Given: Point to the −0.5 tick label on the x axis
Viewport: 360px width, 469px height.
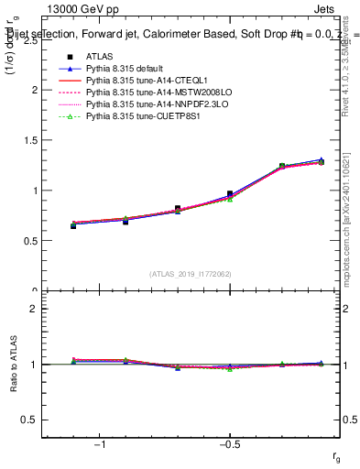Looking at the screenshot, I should (229, 445).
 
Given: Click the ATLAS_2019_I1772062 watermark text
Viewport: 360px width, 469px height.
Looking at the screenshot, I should (191, 274).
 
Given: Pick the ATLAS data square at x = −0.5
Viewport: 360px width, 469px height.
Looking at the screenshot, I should (230, 194).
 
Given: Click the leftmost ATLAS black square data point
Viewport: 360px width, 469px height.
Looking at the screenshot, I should (73, 225).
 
